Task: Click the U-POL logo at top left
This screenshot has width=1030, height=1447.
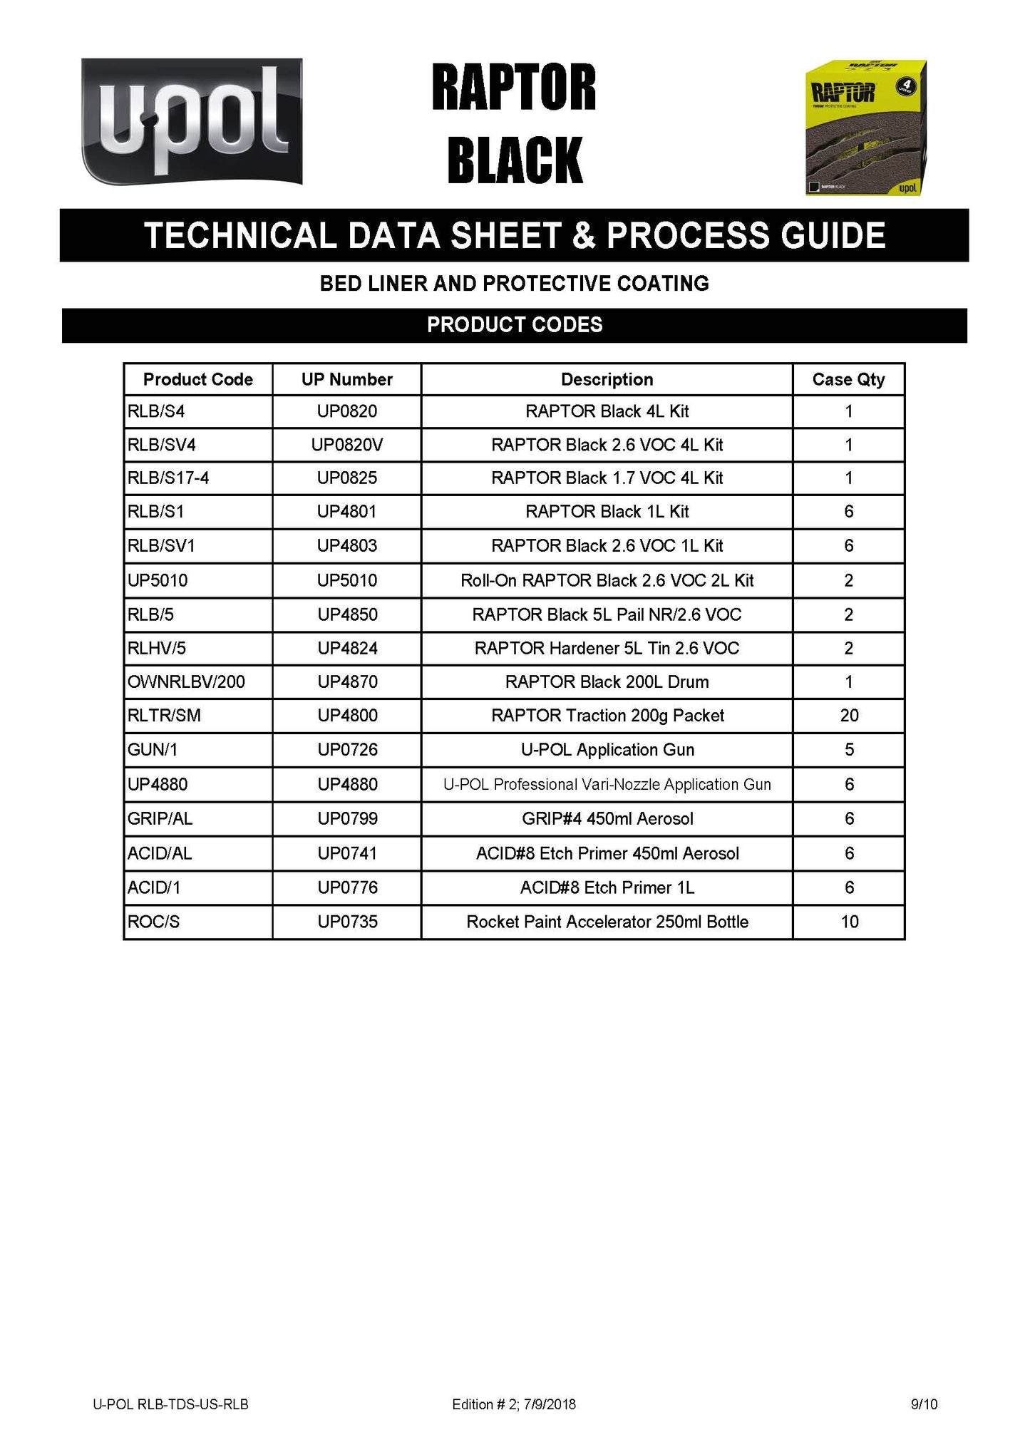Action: point(192,121)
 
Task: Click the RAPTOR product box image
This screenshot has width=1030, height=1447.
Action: point(865,128)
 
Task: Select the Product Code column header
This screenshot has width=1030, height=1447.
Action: point(198,379)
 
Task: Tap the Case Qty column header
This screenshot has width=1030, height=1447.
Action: point(848,379)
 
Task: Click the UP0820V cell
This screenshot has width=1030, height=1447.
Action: point(347,445)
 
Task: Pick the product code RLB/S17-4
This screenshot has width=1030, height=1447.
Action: point(168,478)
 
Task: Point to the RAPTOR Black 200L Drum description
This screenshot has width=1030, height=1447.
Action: point(607,682)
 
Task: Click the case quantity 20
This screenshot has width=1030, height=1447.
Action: point(849,716)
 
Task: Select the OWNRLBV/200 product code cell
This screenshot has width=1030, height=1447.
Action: point(186,682)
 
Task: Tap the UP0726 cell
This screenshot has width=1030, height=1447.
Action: point(347,750)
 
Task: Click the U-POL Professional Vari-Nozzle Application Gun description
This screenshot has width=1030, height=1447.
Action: point(607,785)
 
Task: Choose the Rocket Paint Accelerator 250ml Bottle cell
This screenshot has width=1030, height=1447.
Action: point(607,922)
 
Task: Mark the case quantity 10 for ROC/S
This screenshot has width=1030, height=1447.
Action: point(849,922)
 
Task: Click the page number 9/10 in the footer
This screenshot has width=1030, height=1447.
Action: point(924,1404)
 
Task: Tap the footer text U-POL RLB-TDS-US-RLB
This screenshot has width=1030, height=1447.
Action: point(170,1404)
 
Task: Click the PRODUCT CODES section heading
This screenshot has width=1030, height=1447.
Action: point(515,325)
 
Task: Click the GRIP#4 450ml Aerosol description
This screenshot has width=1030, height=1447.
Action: point(607,819)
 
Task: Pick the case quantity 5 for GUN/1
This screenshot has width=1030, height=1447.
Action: point(849,750)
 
